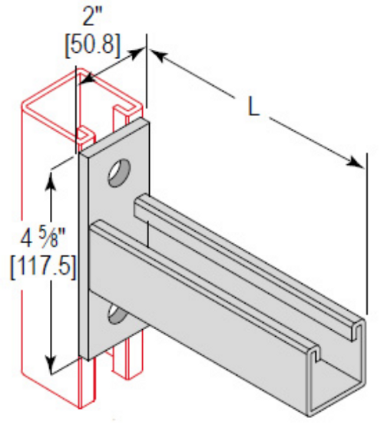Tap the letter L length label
[256, 108]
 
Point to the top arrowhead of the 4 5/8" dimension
[51, 177]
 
